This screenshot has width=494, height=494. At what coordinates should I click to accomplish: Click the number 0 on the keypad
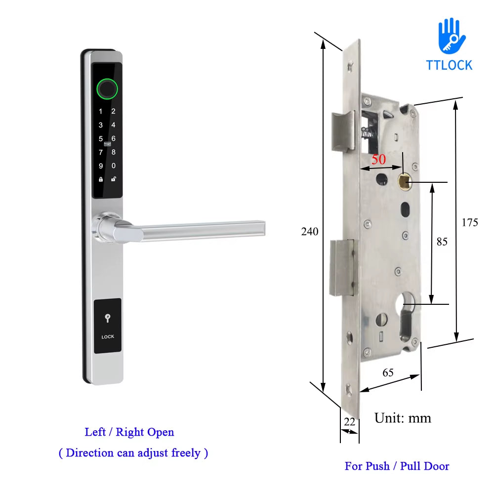tap(114, 166)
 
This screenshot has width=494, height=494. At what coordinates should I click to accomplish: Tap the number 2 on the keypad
tap(113, 112)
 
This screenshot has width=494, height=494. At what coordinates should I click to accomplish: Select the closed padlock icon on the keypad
tap(101, 179)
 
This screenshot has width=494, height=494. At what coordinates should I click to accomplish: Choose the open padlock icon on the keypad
tap(114, 179)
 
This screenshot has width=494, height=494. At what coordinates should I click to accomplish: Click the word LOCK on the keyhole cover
tap(108, 337)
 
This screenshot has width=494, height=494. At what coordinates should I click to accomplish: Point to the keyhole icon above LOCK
tap(108, 319)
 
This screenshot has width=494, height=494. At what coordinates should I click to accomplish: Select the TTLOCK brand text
tap(449, 65)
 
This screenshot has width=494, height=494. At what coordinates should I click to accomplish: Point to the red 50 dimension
tap(378, 160)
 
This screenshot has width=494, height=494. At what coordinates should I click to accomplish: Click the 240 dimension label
tap(310, 231)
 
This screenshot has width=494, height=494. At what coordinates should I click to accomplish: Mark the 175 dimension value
tap(470, 222)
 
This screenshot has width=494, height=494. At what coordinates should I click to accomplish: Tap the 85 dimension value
tap(442, 242)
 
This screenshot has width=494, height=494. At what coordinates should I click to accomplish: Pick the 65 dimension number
tap(388, 372)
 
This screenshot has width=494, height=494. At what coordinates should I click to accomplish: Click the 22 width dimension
tap(350, 421)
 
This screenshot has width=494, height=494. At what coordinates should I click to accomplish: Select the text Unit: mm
tap(403, 418)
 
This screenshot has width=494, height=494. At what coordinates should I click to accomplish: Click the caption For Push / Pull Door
tap(397, 466)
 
